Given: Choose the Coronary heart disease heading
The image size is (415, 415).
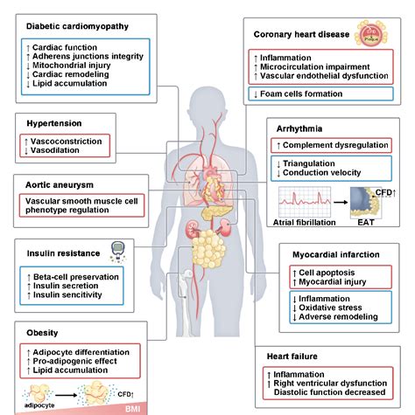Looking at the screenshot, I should tap(299, 36).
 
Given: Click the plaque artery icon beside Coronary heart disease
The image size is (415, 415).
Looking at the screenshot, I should tap(369, 35).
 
